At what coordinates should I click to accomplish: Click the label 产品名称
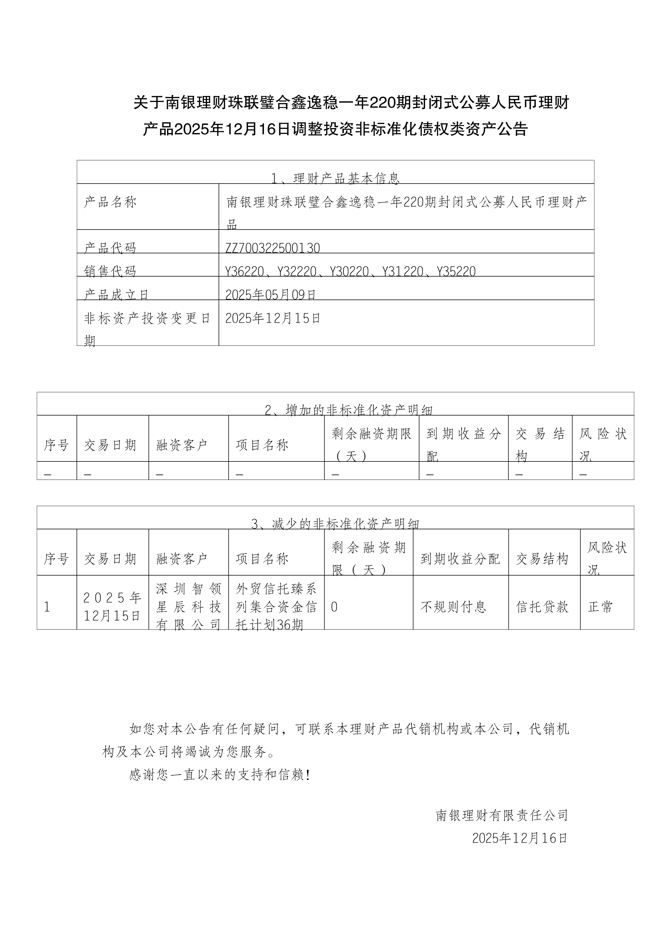pyautogui.click(x=110, y=202)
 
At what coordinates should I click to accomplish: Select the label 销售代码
pyautogui.click(x=110, y=271)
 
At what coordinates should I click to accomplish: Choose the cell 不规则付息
pyautogui.click(x=453, y=607)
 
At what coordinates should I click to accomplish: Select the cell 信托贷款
pyautogui.click(x=542, y=607)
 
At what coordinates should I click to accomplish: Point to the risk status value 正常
pyautogui.click(x=600, y=607)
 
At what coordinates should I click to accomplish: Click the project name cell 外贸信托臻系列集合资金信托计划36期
pyautogui.click(x=276, y=607)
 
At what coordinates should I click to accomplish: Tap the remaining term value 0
pyautogui.click(x=334, y=607)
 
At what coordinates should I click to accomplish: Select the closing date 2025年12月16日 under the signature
pyautogui.click(x=520, y=838)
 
